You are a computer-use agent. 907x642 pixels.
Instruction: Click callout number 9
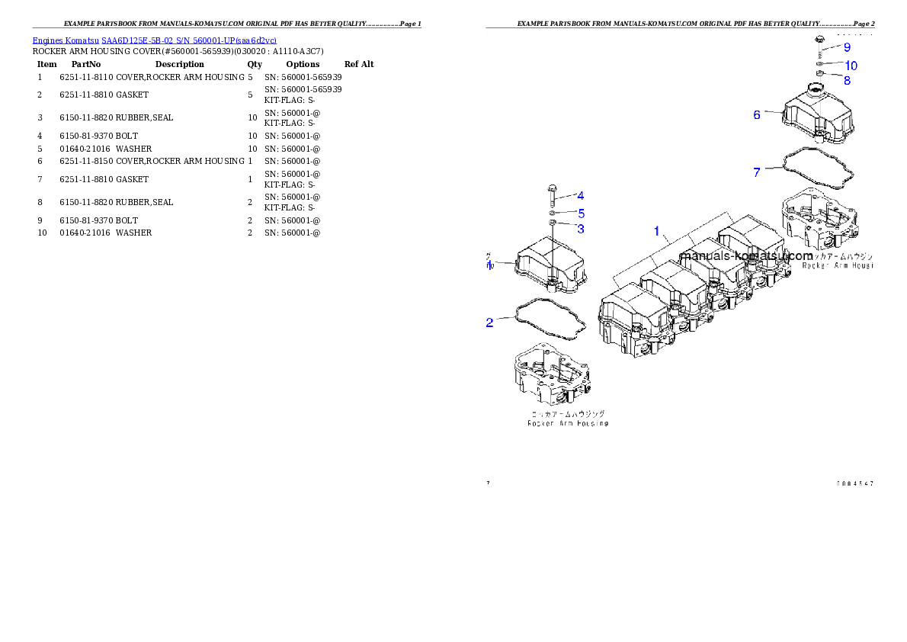click(846, 47)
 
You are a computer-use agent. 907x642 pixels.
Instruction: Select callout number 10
click(851, 66)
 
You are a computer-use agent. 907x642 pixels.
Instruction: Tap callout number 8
click(847, 80)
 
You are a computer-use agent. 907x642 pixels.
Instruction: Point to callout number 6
click(757, 114)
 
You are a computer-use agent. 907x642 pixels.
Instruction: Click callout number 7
click(757, 172)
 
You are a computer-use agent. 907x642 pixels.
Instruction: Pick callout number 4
click(580, 196)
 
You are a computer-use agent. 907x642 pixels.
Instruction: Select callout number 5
click(581, 213)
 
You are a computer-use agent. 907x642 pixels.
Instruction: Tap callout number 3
click(581, 228)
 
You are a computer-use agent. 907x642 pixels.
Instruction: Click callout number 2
click(490, 323)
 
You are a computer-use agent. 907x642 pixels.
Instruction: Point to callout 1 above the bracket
click(656, 230)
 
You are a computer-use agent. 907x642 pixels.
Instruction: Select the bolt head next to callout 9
click(819, 39)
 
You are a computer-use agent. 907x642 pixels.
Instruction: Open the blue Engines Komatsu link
click(154, 40)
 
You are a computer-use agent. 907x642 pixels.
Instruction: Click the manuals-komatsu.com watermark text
click(746, 256)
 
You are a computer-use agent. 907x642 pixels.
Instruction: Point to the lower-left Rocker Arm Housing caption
click(568, 422)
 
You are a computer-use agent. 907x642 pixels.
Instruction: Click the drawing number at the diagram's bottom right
click(854, 483)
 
